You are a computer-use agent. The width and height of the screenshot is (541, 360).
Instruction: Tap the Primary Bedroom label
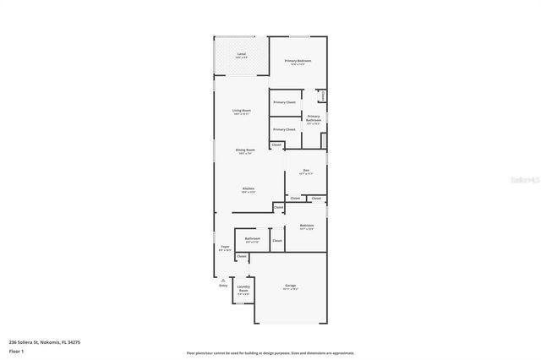(x=298, y=62)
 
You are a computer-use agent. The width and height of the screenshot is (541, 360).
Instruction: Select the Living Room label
(x=242, y=111)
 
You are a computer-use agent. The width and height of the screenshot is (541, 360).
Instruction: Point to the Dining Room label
(x=245, y=150)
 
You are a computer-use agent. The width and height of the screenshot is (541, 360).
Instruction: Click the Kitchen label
(x=249, y=188)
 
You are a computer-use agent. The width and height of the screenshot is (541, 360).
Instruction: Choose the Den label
(x=305, y=172)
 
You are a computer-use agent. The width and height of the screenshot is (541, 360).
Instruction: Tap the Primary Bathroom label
(x=314, y=118)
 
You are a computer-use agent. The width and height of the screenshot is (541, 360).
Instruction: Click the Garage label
(x=290, y=286)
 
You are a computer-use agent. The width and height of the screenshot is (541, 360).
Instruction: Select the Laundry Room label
(x=243, y=289)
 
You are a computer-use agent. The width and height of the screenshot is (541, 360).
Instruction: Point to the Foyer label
(x=225, y=247)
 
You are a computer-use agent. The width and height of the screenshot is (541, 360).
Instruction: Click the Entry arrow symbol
(x=223, y=280)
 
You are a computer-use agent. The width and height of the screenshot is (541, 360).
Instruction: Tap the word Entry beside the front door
(x=223, y=286)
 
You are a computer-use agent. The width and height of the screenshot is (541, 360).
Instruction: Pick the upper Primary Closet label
(x=284, y=102)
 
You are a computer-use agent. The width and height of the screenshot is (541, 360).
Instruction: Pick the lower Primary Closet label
(x=284, y=129)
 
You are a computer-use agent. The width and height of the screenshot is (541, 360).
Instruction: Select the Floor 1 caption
(x=15, y=351)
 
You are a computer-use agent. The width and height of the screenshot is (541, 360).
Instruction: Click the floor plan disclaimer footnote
(x=270, y=353)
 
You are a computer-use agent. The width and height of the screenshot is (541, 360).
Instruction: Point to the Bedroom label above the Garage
(x=306, y=226)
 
